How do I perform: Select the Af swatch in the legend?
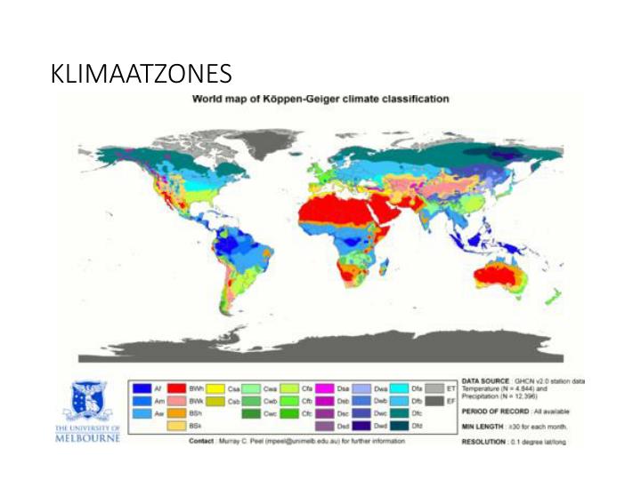click(141, 388)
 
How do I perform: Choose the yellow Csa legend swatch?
click(215, 388)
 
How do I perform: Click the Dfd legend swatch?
click(395, 426)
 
